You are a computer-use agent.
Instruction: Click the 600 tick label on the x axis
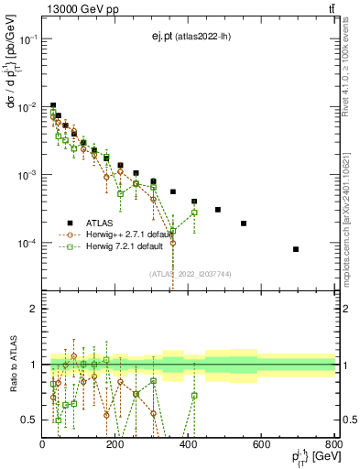tap(261, 444)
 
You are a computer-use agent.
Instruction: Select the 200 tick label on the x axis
tap(115, 444)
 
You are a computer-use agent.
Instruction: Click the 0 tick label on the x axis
tap(43, 444)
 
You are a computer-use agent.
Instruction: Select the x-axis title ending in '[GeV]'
tap(311, 457)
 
